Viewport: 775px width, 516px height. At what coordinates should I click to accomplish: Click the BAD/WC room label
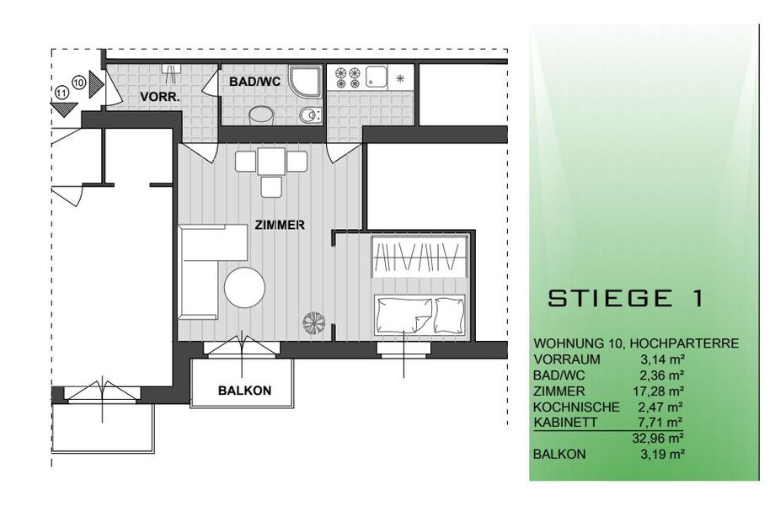[x=254, y=82]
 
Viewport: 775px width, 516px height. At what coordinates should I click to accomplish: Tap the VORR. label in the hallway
[x=160, y=98]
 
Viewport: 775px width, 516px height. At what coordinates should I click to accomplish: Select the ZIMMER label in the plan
[x=280, y=225]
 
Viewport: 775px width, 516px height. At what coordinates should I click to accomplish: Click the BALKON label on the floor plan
[x=244, y=391]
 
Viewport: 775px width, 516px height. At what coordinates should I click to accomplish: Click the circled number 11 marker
[x=61, y=93]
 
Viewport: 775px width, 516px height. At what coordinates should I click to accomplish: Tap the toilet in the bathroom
[x=309, y=115]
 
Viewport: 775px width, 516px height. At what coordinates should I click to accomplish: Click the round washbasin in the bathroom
[x=260, y=115]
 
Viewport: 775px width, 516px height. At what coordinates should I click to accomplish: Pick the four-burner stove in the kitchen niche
[x=347, y=78]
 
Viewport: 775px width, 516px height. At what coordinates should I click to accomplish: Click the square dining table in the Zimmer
[x=271, y=162]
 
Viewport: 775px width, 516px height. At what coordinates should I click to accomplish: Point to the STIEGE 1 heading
[x=625, y=298]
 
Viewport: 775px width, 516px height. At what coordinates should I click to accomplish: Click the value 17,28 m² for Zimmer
[x=659, y=391]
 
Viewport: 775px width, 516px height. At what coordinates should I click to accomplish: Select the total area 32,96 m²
[x=659, y=438]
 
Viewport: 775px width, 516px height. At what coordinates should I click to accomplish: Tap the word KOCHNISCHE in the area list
[x=576, y=407]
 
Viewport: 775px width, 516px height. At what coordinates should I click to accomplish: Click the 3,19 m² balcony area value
[x=662, y=455]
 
